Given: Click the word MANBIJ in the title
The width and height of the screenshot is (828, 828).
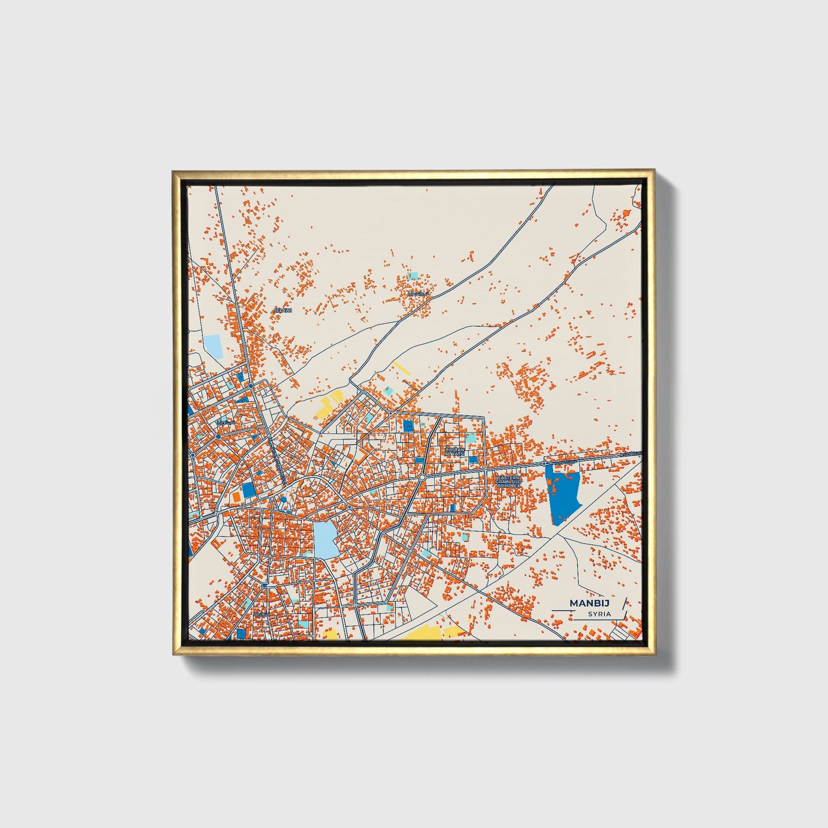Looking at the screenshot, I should (590, 603).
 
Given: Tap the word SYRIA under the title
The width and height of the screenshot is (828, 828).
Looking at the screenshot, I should (599, 614).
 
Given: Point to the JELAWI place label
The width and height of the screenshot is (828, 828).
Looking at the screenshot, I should (284, 310).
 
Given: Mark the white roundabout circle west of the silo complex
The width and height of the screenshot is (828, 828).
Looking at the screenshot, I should (422, 477).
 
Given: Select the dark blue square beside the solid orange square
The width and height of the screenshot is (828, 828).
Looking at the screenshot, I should (248, 490).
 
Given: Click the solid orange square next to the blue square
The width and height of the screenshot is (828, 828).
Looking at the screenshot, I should (236, 496).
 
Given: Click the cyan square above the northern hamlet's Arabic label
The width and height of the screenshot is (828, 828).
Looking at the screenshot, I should (413, 276).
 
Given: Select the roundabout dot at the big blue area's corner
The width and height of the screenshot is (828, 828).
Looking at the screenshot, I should (544, 464).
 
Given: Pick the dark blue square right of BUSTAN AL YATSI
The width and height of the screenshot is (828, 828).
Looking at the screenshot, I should (473, 459).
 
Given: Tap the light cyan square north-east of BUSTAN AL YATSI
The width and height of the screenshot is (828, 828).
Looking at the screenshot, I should (470, 438).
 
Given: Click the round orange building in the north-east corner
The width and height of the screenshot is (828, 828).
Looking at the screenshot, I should (627, 213).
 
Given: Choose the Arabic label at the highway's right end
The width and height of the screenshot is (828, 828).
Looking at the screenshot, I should (632, 454).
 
